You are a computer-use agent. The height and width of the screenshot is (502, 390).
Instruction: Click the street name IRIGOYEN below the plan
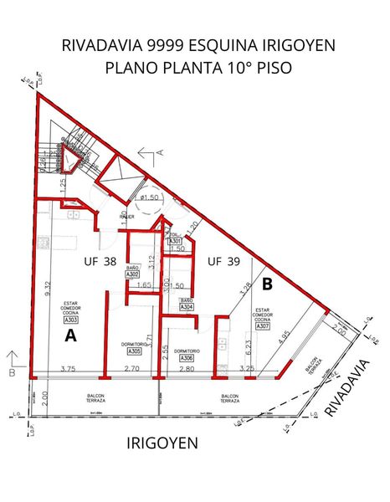coord(162,443)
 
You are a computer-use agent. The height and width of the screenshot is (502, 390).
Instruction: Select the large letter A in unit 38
coord(70,336)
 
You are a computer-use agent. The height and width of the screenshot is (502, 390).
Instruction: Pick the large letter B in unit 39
coord(267,284)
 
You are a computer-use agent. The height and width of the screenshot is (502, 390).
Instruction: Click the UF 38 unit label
coord(100,261)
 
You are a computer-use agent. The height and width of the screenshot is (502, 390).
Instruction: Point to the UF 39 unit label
coord(223,261)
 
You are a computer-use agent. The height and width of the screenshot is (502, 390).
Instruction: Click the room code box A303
coord(72,320)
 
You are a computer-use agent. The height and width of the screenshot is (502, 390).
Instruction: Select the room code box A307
coord(263,327)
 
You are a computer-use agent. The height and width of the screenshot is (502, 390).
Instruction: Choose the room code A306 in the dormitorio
coord(187,358)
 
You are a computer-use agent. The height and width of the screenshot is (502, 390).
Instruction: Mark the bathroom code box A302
coord(132,274)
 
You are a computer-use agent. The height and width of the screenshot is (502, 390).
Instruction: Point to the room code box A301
coord(176,241)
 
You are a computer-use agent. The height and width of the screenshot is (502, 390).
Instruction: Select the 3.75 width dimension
coord(68,369)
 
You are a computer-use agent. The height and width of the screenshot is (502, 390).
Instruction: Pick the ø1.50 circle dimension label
coord(151,197)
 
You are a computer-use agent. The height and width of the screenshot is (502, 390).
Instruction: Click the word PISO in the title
coord(274,68)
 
